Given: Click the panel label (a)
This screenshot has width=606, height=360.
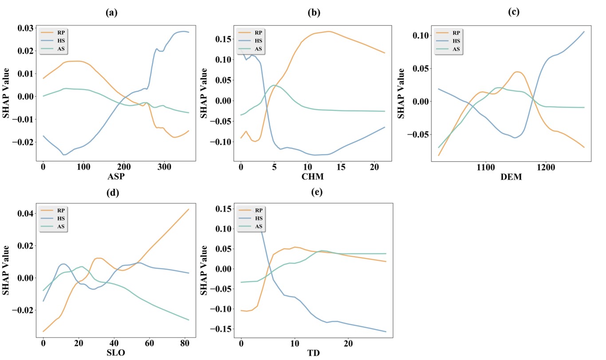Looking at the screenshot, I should [111, 13].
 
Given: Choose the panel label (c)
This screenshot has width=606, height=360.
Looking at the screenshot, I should [513, 13].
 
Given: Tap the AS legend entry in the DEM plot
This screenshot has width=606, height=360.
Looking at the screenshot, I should [456, 49].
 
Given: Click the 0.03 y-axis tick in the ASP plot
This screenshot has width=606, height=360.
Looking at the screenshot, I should [25, 28].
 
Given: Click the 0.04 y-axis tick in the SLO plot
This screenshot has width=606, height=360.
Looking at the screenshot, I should [25, 214].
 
